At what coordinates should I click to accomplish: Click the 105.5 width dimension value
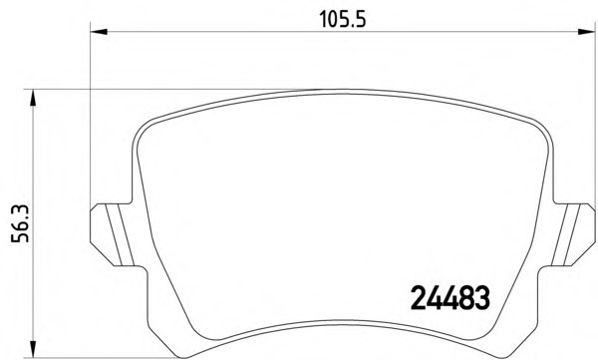coord(343,19)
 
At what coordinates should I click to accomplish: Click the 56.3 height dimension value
coord(20,223)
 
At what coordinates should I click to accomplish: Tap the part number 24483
coord(450,298)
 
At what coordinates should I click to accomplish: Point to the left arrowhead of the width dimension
coord(99,31)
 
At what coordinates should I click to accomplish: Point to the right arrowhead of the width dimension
coord(587,31)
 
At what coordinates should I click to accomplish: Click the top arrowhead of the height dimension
coord(33,98)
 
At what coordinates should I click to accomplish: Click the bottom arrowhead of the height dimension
coord(33,350)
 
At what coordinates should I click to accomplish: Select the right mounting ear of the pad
coord(573,234)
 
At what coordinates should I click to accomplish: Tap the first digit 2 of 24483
coord(418,298)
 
